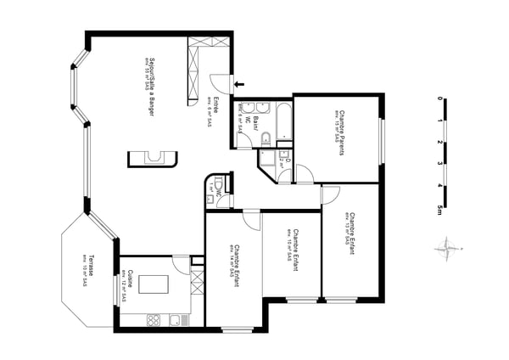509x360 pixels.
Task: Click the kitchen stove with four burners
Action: click(x=154, y=320)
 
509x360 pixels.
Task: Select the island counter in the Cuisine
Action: click(x=154, y=284)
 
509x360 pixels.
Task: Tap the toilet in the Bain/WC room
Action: click(x=265, y=140)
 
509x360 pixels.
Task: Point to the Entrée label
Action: click(x=215, y=110)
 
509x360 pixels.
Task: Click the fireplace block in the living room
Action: click(x=154, y=158)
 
